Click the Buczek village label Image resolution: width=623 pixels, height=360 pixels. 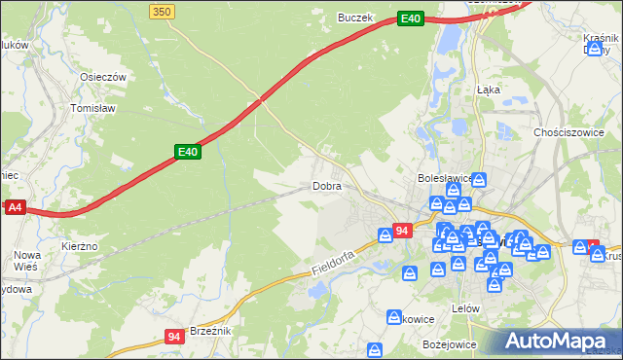point(355,18)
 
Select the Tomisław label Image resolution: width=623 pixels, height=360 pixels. point(93,109)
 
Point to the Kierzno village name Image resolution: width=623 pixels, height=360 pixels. point(80,247)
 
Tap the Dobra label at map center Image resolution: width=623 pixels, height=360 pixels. point(327,186)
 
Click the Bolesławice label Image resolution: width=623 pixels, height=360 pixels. point(444,179)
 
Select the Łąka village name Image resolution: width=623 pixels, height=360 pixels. point(489,89)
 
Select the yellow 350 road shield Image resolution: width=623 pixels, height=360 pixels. point(163,10)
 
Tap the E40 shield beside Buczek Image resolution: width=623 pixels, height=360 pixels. point(411,18)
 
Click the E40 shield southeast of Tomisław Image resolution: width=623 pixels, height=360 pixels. point(188,152)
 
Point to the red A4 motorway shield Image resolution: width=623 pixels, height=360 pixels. point(14,207)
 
